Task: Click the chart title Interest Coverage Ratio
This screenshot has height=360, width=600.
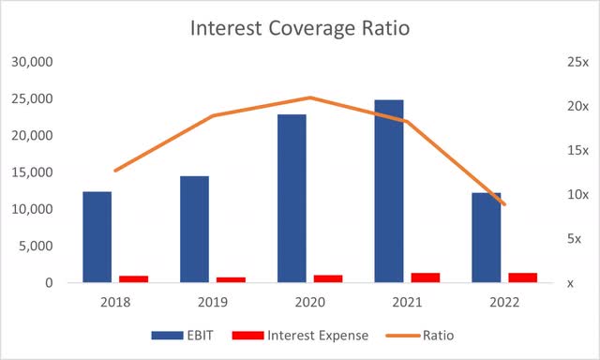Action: click(x=299, y=28)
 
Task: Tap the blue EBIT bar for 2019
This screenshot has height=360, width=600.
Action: click(x=194, y=229)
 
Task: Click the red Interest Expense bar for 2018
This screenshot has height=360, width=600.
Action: click(x=134, y=278)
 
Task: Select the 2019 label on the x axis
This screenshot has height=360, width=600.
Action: click(x=213, y=303)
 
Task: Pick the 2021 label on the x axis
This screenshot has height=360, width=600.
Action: click(x=408, y=303)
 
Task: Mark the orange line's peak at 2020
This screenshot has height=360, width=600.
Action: click(x=310, y=97)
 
